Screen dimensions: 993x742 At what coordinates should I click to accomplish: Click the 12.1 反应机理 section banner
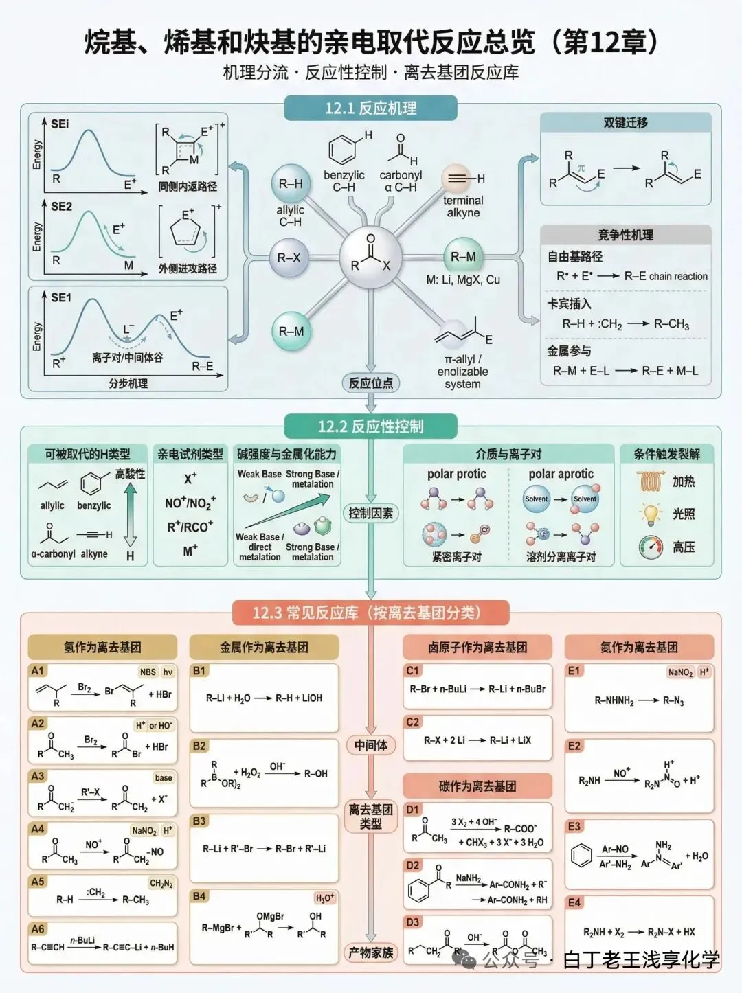[370, 109]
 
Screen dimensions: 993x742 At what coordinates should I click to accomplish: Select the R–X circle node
[289, 258]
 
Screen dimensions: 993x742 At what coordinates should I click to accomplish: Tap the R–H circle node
[291, 184]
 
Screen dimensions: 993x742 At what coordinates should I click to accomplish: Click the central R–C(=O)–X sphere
[370, 258]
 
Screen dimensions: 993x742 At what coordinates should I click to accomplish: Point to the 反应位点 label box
[370, 383]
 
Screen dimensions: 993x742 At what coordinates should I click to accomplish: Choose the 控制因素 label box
[370, 513]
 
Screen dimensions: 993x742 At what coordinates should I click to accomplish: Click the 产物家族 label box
[370, 952]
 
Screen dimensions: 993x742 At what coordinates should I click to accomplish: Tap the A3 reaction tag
[38, 776]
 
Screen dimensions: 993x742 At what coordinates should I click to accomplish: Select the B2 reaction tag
[199, 746]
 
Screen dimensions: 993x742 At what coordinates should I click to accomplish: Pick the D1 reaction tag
[412, 810]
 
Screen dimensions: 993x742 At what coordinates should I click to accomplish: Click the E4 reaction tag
[574, 902]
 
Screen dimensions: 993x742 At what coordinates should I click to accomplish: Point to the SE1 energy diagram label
[60, 297]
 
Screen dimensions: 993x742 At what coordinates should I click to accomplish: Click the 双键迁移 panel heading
[625, 123]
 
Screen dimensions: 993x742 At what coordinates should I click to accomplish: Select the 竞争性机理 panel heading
[625, 235]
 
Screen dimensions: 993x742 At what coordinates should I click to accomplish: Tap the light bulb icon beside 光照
[650, 514]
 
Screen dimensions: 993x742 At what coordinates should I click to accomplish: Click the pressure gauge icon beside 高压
[650, 547]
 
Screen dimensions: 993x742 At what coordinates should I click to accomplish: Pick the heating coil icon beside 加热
[650, 481]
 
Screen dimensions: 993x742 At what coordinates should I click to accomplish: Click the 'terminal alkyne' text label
[463, 207]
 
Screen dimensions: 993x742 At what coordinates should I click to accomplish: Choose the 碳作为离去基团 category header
[477, 786]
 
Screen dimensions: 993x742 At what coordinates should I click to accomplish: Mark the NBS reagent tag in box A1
[148, 672]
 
